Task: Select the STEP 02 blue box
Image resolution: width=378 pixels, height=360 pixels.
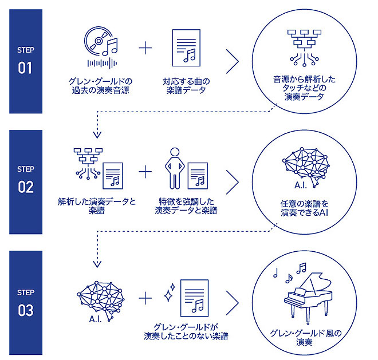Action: tap(26, 181)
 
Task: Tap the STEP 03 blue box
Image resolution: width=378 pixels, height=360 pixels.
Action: tap(26, 302)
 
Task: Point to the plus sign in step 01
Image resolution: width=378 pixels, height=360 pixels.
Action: tap(147, 48)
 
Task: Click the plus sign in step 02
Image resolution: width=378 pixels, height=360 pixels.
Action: tap(147, 171)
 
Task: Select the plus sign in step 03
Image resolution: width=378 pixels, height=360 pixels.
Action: tap(147, 298)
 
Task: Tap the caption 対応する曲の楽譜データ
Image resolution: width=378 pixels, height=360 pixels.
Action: tap(186, 85)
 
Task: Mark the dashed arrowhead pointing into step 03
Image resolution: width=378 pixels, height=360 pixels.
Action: tap(97, 264)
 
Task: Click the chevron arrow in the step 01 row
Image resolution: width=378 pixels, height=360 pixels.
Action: tap(232, 61)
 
